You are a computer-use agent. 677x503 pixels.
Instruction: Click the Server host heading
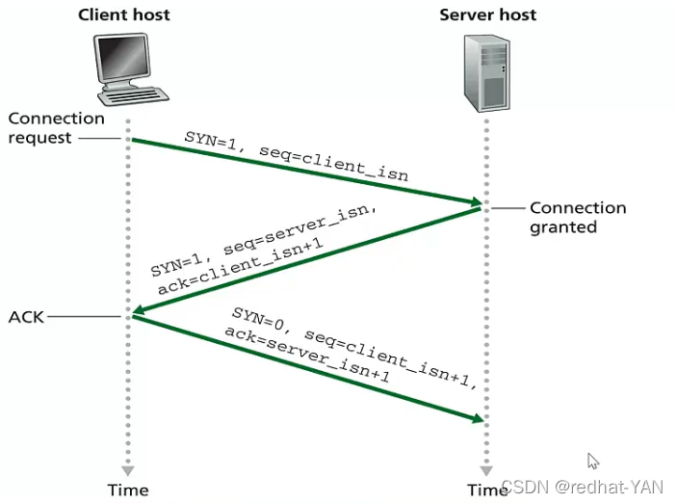(487, 14)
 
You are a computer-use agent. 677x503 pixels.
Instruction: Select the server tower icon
(487, 73)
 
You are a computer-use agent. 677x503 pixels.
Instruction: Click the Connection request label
(56, 127)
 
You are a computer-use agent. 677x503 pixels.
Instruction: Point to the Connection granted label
(577, 217)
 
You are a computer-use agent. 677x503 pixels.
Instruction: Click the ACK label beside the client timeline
(26, 316)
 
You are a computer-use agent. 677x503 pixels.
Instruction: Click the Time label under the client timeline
(127, 490)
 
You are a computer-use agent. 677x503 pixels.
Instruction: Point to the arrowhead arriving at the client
(139, 311)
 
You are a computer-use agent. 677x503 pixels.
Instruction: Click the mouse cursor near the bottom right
(593, 461)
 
